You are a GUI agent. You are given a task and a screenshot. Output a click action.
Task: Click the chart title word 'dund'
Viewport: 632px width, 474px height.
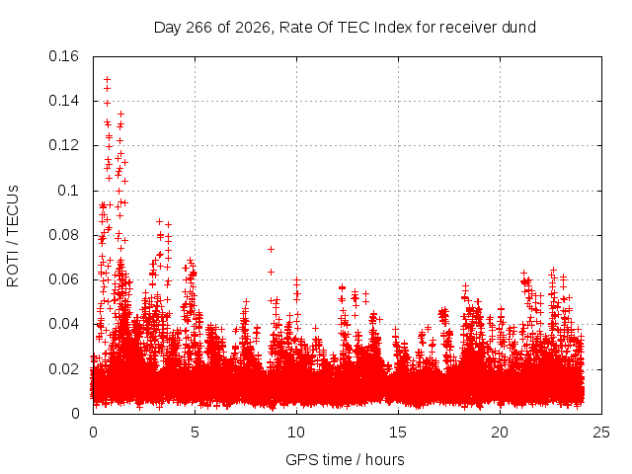coord(518,28)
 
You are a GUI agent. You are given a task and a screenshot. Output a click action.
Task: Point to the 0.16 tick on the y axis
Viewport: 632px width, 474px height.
coord(63,56)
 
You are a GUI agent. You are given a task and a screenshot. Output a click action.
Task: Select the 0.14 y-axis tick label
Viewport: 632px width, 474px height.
coord(63,101)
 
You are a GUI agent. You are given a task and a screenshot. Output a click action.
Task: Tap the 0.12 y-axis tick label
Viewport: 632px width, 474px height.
coord(63,145)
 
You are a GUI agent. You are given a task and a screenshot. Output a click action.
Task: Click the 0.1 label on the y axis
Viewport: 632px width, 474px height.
coord(68,191)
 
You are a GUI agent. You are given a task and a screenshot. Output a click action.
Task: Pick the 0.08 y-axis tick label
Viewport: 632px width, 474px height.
coord(63,235)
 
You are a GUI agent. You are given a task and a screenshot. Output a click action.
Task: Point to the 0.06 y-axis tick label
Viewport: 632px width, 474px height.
coord(63,279)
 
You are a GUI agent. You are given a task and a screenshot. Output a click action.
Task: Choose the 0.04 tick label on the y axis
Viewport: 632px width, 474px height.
coord(63,324)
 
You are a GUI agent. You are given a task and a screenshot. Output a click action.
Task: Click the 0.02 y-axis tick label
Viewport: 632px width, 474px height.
coord(63,368)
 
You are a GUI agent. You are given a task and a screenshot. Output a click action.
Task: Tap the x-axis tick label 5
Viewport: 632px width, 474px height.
coord(196,433)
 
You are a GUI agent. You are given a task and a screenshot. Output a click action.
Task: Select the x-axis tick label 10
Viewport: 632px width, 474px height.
coord(296,433)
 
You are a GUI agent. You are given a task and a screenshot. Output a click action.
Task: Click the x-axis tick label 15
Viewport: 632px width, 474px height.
coord(398,433)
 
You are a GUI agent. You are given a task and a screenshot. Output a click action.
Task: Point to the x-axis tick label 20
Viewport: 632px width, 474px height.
coord(500,433)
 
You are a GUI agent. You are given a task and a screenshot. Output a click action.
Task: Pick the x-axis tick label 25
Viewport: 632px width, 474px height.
coord(601,433)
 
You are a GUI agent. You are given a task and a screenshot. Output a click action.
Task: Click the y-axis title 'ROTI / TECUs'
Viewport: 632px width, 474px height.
coord(13,236)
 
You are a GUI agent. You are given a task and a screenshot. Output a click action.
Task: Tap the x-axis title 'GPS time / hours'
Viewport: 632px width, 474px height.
coord(345,460)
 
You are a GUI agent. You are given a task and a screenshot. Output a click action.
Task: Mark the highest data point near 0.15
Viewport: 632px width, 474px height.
coord(108,79)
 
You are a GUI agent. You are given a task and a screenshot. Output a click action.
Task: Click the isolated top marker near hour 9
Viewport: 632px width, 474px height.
coord(272,250)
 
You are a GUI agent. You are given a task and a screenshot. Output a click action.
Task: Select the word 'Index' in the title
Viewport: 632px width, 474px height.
coord(393,28)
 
